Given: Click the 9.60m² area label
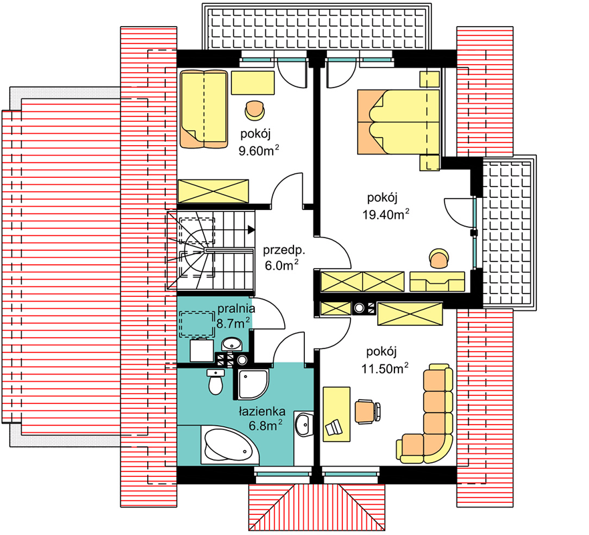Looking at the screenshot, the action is point(259,150).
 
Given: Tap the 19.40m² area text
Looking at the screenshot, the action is point(385,214).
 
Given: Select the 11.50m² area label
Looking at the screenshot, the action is point(384,368).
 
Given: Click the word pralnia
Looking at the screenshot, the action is point(236,309).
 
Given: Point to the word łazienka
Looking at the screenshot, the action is point(262,411).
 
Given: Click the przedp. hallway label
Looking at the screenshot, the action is point(284,250).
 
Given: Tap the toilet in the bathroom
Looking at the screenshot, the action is point(216,382).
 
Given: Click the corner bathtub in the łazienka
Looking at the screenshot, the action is point(230,446).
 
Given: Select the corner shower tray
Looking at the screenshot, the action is point(253,384).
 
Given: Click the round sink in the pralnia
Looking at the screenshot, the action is point(232,343).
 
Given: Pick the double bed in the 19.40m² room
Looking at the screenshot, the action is point(398,122).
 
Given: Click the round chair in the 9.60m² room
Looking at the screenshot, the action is point(255,110).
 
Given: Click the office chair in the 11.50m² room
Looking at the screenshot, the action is point(368,412).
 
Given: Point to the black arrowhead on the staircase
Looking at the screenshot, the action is point(251,229).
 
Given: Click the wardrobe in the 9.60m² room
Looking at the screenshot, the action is point(213,192).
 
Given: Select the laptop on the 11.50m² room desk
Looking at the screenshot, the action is point(334,427).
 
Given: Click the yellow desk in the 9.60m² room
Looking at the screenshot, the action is point(253,82).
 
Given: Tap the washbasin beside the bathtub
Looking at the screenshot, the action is point(304,424).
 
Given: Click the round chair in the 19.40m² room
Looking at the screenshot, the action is point(439,259).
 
